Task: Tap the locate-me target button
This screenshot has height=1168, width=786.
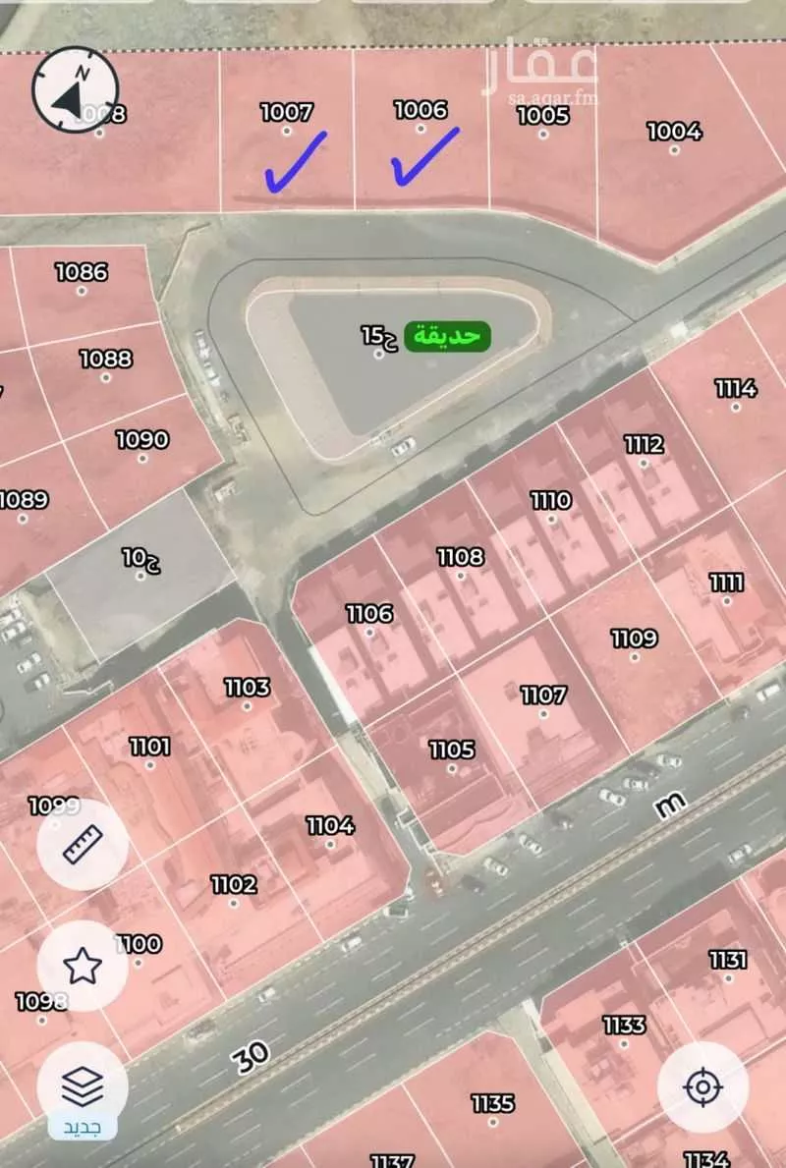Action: [702, 1086]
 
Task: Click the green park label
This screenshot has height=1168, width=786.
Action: [448, 335]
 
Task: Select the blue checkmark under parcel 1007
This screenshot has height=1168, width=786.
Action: [295, 162]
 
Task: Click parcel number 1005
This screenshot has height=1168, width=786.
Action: [542, 116]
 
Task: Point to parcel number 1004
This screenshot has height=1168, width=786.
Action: [674, 131]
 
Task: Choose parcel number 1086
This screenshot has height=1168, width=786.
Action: [81, 271]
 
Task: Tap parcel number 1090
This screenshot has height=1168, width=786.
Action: [142, 439]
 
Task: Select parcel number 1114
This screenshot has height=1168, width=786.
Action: [735, 388]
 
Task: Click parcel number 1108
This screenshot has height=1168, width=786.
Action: [460, 557]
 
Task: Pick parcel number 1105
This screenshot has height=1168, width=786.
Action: [452, 751]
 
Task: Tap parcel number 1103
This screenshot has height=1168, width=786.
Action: [247, 688]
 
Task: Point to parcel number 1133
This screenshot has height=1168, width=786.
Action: [624, 1025]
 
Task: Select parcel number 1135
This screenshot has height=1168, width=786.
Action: [492, 1103]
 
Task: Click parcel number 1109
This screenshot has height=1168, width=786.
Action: [634, 639]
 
